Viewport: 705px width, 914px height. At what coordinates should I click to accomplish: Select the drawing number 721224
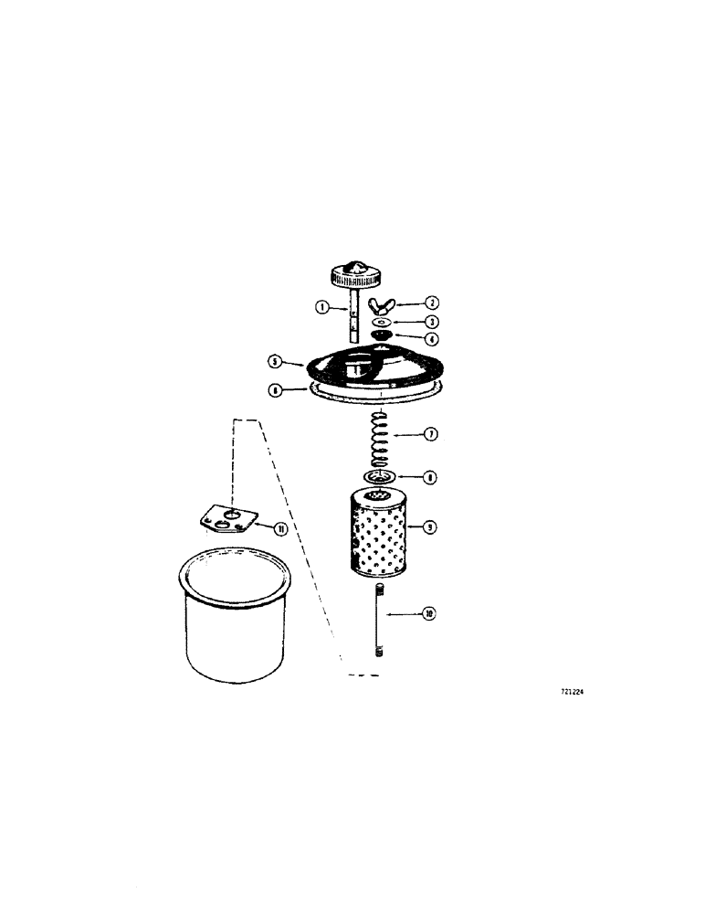click(x=572, y=693)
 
